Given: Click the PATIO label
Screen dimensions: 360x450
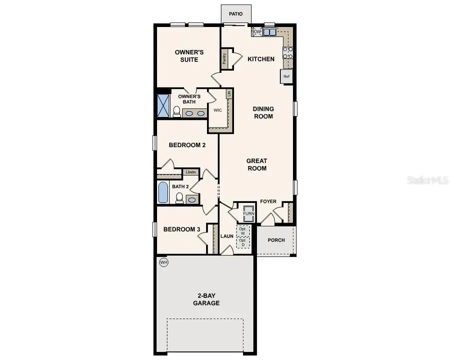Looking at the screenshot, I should pyautogui.click(x=235, y=14).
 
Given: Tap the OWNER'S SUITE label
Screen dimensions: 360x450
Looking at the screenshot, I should pyautogui.click(x=186, y=56).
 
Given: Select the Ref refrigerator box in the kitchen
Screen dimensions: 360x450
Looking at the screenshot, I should pyautogui.click(x=286, y=76).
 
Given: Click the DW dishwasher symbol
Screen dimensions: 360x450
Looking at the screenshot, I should pyautogui.click(x=257, y=32).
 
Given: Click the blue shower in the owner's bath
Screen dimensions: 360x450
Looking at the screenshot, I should pyautogui.click(x=163, y=104).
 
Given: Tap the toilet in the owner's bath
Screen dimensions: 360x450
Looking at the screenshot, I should pyautogui.click(x=176, y=111).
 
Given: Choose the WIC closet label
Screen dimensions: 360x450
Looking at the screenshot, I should pyautogui.click(x=217, y=109).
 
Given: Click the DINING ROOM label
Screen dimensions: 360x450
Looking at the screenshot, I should pyautogui.click(x=263, y=112).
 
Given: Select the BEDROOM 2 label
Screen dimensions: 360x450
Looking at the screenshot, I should pyautogui.click(x=187, y=145).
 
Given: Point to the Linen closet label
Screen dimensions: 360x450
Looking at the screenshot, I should pyautogui.click(x=190, y=172).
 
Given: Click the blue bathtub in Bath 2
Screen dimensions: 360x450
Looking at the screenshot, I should pyautogui.click(x=163, y=193).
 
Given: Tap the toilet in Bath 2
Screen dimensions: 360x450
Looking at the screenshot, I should pyautogui.click(x=179, y=198).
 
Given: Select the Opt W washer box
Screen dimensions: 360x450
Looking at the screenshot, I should pyautogui.click(x=243, y=230).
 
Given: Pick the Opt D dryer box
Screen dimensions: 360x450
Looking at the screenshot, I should pyautogui.click(x=243, y=243).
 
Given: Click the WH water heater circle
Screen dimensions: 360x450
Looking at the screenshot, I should pyautogui.click(x=163, y=262).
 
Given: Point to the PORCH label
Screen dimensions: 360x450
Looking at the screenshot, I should pyautogui.click(x=276, y=240).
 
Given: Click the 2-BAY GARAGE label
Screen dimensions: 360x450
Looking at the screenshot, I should pyautogui.click(x=206, y=299).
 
